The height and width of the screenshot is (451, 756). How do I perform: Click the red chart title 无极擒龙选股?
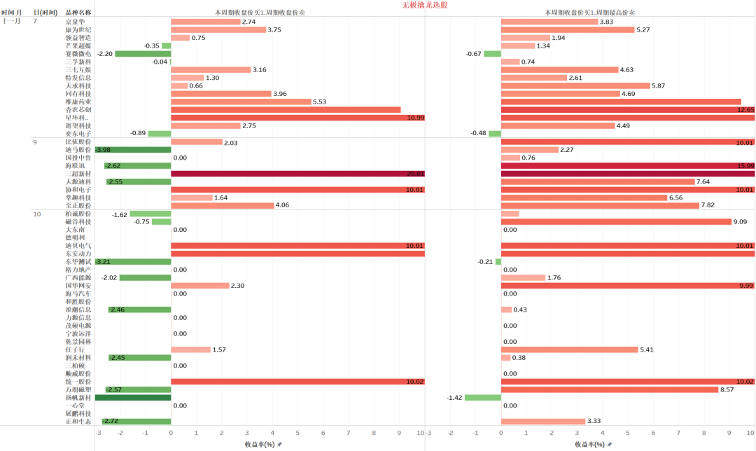pyautogui.click(x=425, y=4)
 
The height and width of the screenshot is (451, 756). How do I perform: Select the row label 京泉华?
pyautogui.click(x=78, y=22)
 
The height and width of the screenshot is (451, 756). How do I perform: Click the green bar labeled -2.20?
pyautogui.click(x=143, y=54)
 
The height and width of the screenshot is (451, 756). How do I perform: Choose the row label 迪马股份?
pyautogui.click(x=78, y=150)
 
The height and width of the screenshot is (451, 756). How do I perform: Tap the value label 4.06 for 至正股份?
pyautogui.click(x=283, y=205)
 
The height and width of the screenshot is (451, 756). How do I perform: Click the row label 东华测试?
pyautogui.click(x=78, y=262)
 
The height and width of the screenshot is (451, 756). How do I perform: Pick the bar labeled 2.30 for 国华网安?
pyautogui.click(x=200, y=286)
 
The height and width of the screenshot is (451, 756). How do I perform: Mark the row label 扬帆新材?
pyautogui.click(x=78, y=397)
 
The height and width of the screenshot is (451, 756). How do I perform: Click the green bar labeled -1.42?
pyautogui.click(x=483, y=397)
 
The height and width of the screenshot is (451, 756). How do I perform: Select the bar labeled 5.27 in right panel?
pyautogui.click(x=568, y=29)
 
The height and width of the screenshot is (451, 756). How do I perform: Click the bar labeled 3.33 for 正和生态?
pyautogui.click(x=543, y=421)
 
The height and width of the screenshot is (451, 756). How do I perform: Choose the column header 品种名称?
pyautogui.click(x=78, y=13)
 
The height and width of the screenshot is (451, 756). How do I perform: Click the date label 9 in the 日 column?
pyautogui.click(x=35, y=142)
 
